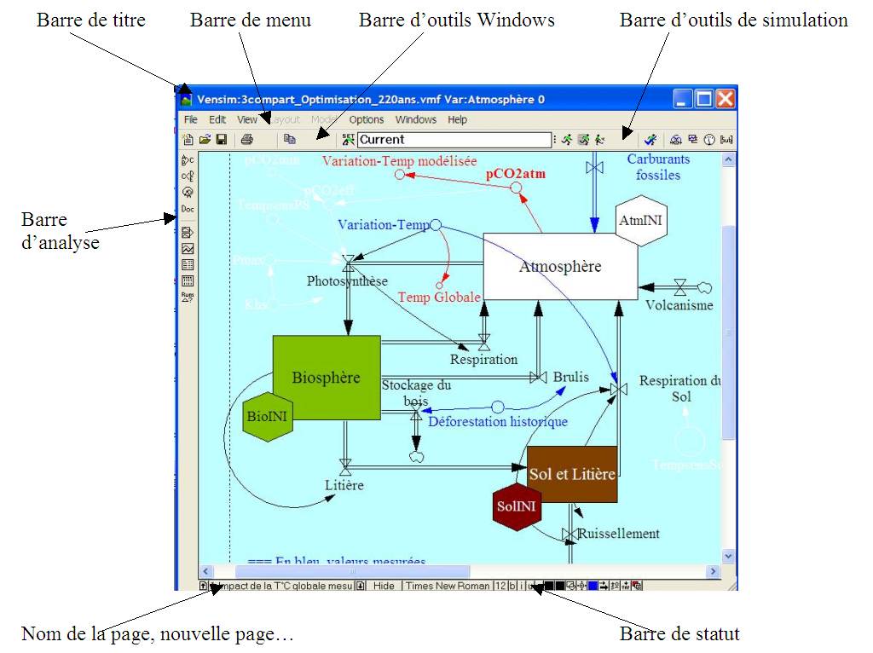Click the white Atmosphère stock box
(x=560, y=267)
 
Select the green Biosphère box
(x=326, y=378)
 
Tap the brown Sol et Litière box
(x=572, y=474)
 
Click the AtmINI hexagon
(x=641, y=222)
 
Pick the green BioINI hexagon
(x=268, y=417)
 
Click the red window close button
(x=725, y=100)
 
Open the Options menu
(x=367, y=120)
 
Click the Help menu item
(x=458, y=120)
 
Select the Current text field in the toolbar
(x=454, y=140)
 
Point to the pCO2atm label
(x=516, y=174)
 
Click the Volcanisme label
(x=679, y=305)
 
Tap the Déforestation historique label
(x=498, y=421)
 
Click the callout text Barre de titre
(x=91, y=20)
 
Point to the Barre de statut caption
(x=679, y=633)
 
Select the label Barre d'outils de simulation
(x=733, y=20)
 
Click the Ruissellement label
(x=619, y=534)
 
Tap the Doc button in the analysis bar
(x=188, y=210)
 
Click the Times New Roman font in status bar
(x=448, y=586)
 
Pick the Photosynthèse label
(x=348, y=281)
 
